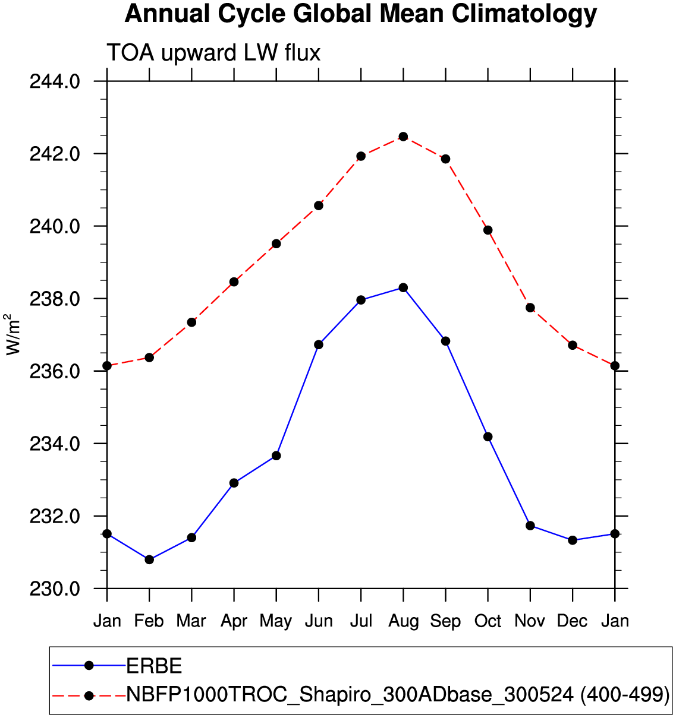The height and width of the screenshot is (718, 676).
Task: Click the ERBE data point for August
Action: point(403,287)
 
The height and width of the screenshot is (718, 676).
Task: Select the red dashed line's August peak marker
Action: point(403,137)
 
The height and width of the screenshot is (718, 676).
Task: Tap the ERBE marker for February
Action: point(149,559)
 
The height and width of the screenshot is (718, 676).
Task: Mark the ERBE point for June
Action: point(319,344)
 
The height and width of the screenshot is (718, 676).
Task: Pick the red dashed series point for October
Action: point(488,230)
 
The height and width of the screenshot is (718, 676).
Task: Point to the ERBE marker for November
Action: point(530,526)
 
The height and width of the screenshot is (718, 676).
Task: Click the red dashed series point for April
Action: point(234,281)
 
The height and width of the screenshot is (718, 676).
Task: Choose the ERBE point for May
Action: point(276,456)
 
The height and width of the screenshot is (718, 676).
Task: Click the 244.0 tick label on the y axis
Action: point(55,81)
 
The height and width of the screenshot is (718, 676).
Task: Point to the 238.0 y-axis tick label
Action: point(55,299)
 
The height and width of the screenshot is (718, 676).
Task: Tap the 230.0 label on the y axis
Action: point(55,589)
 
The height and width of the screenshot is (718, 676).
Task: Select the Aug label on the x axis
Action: point(403,621)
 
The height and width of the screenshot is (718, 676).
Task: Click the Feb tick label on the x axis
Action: point(149,621)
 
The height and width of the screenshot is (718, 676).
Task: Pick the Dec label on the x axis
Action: point(573,621)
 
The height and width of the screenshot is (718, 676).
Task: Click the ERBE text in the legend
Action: point(155,666)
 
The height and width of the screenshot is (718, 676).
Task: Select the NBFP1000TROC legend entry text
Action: point(398,694)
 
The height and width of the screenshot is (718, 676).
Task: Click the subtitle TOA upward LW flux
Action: point(213,53)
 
